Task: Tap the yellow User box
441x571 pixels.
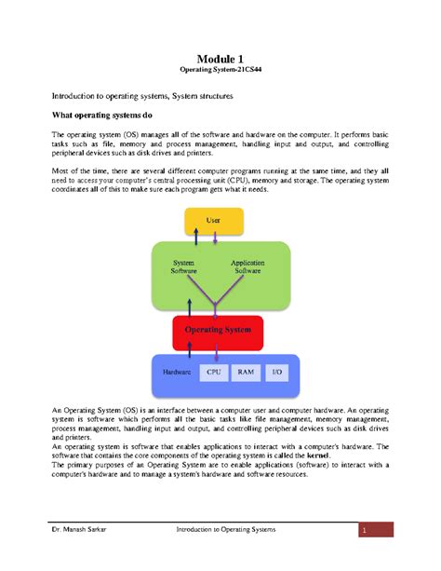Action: click(214, 222)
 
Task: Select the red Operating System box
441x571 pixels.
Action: click(216, 329)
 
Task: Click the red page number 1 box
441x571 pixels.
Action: click(367, 531)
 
